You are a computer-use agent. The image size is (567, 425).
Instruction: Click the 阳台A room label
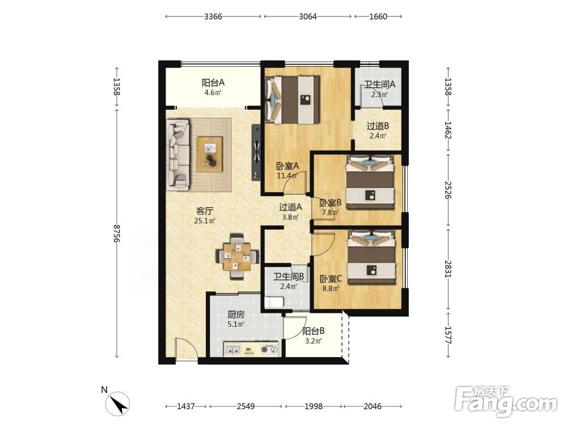[213, 83]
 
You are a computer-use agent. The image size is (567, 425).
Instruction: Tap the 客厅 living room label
[205, 211]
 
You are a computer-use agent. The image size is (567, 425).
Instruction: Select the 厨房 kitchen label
[236, 314]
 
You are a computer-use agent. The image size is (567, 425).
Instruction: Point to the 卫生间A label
[379, 84]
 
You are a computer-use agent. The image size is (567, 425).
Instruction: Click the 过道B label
[378, 126]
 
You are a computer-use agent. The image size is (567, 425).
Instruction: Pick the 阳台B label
[313, 331]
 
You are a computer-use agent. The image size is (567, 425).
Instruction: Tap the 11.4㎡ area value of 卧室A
[287, 176]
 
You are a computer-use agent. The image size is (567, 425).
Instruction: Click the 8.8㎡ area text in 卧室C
[331, 289]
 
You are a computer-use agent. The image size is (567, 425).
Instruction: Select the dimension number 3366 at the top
[213, 16]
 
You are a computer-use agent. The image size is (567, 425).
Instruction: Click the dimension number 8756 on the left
[116, 233]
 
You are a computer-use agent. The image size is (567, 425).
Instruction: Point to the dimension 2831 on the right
[448, 269]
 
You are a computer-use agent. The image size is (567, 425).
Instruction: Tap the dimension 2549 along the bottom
[246, 406]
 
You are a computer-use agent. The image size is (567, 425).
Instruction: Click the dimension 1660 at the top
[378, 16]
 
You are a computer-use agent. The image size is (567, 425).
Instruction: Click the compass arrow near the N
[118, 403]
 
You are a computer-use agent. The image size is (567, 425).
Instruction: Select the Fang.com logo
[506, 401]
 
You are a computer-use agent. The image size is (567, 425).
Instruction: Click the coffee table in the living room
[210, 155]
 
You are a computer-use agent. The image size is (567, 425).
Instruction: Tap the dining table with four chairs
[237, 257]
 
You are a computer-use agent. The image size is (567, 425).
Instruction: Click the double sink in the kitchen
[233, 350]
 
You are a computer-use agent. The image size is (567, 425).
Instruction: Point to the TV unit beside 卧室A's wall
[256, 152]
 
